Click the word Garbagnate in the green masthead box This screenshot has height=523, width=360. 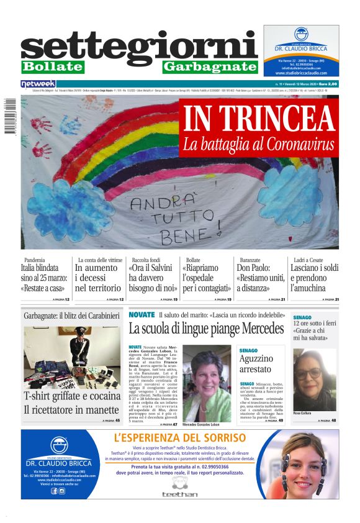(x=210, y=66)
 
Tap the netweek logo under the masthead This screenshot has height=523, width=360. (x=38, y=83)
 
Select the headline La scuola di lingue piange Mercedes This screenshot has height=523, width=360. (x=206, y=329)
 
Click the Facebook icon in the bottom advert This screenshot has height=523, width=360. (x=54, y=491)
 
